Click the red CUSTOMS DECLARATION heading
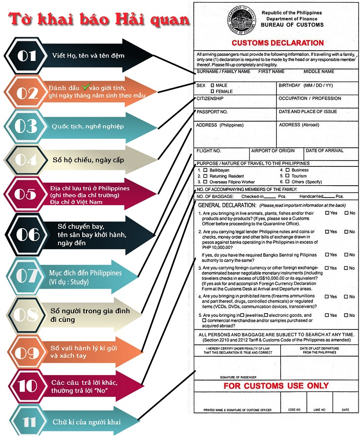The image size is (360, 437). click(278, 43)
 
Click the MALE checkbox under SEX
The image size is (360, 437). click(212, 85)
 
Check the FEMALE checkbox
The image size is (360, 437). click(212, 91)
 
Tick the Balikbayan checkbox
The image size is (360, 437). click(206, 170)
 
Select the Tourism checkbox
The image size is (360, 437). click(287, 176)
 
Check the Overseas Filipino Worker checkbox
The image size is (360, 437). click(206, 182)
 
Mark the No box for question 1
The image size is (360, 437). click(346, 213)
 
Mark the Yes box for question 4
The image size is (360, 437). click(327, 297)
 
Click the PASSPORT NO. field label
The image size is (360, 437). click(212, 112)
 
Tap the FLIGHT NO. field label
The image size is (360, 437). click(209, 151)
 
